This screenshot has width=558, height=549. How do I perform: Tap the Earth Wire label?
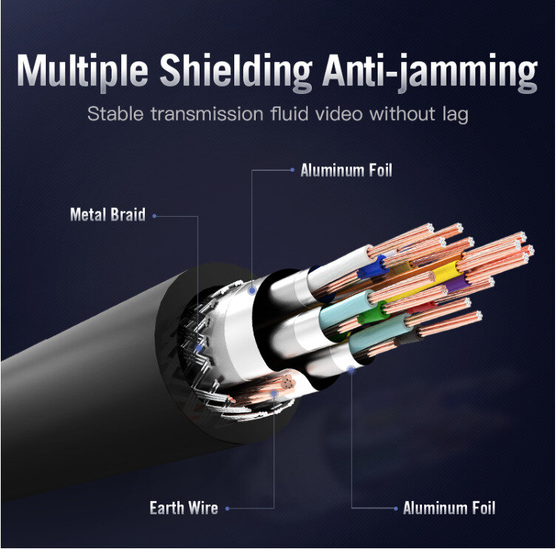tap(183, 508)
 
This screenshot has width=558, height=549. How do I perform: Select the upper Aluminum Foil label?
tap(346, 171)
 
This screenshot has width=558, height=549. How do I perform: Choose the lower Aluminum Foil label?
tap(449, 508)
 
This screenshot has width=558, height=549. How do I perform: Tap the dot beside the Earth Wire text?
tap(228, 508)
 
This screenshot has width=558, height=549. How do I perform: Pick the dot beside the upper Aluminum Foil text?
tap(293, 170)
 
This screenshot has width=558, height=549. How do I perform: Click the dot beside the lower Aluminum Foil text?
tap(396, 508)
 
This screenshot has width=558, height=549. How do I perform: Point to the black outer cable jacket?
tap(89, 385)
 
